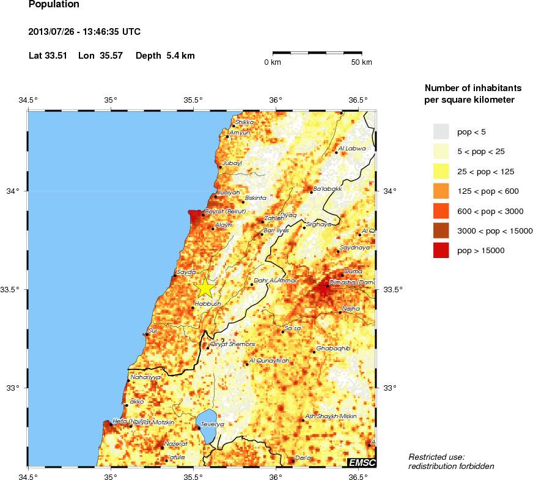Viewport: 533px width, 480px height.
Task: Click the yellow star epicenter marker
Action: (205, 287)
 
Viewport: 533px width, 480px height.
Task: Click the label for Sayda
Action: (186, 271)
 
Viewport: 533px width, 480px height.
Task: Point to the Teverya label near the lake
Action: (213, 424)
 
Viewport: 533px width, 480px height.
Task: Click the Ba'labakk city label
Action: (327, 189)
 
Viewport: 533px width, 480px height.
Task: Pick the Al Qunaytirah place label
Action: (269, 361)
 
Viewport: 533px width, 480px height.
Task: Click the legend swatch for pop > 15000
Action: (441, 250)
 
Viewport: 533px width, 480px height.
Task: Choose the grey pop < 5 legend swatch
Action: (441, 131)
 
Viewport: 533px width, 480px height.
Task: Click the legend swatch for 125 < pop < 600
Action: (441, 191)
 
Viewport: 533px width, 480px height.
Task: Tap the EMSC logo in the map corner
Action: (361, 462)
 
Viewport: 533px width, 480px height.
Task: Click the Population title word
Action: (54, 5)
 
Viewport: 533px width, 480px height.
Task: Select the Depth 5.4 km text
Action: (165, 56)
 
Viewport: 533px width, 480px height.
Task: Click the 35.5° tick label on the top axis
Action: (193, 100)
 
